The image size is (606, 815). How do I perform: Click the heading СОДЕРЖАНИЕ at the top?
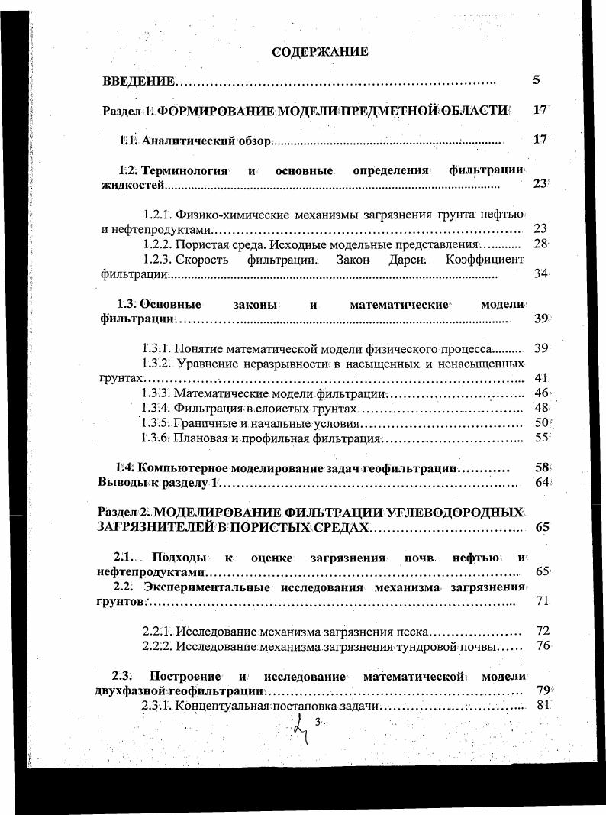click(320, 52)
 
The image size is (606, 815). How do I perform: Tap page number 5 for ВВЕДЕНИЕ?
click(537, 79)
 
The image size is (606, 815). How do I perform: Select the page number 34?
click(541, 273)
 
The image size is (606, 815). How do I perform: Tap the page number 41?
click(541, 377)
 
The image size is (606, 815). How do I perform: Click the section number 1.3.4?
click(156, 408)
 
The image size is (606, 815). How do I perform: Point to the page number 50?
click(542, 422)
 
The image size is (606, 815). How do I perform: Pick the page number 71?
click(543, 601)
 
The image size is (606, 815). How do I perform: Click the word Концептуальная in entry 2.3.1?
click(221, 705)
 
